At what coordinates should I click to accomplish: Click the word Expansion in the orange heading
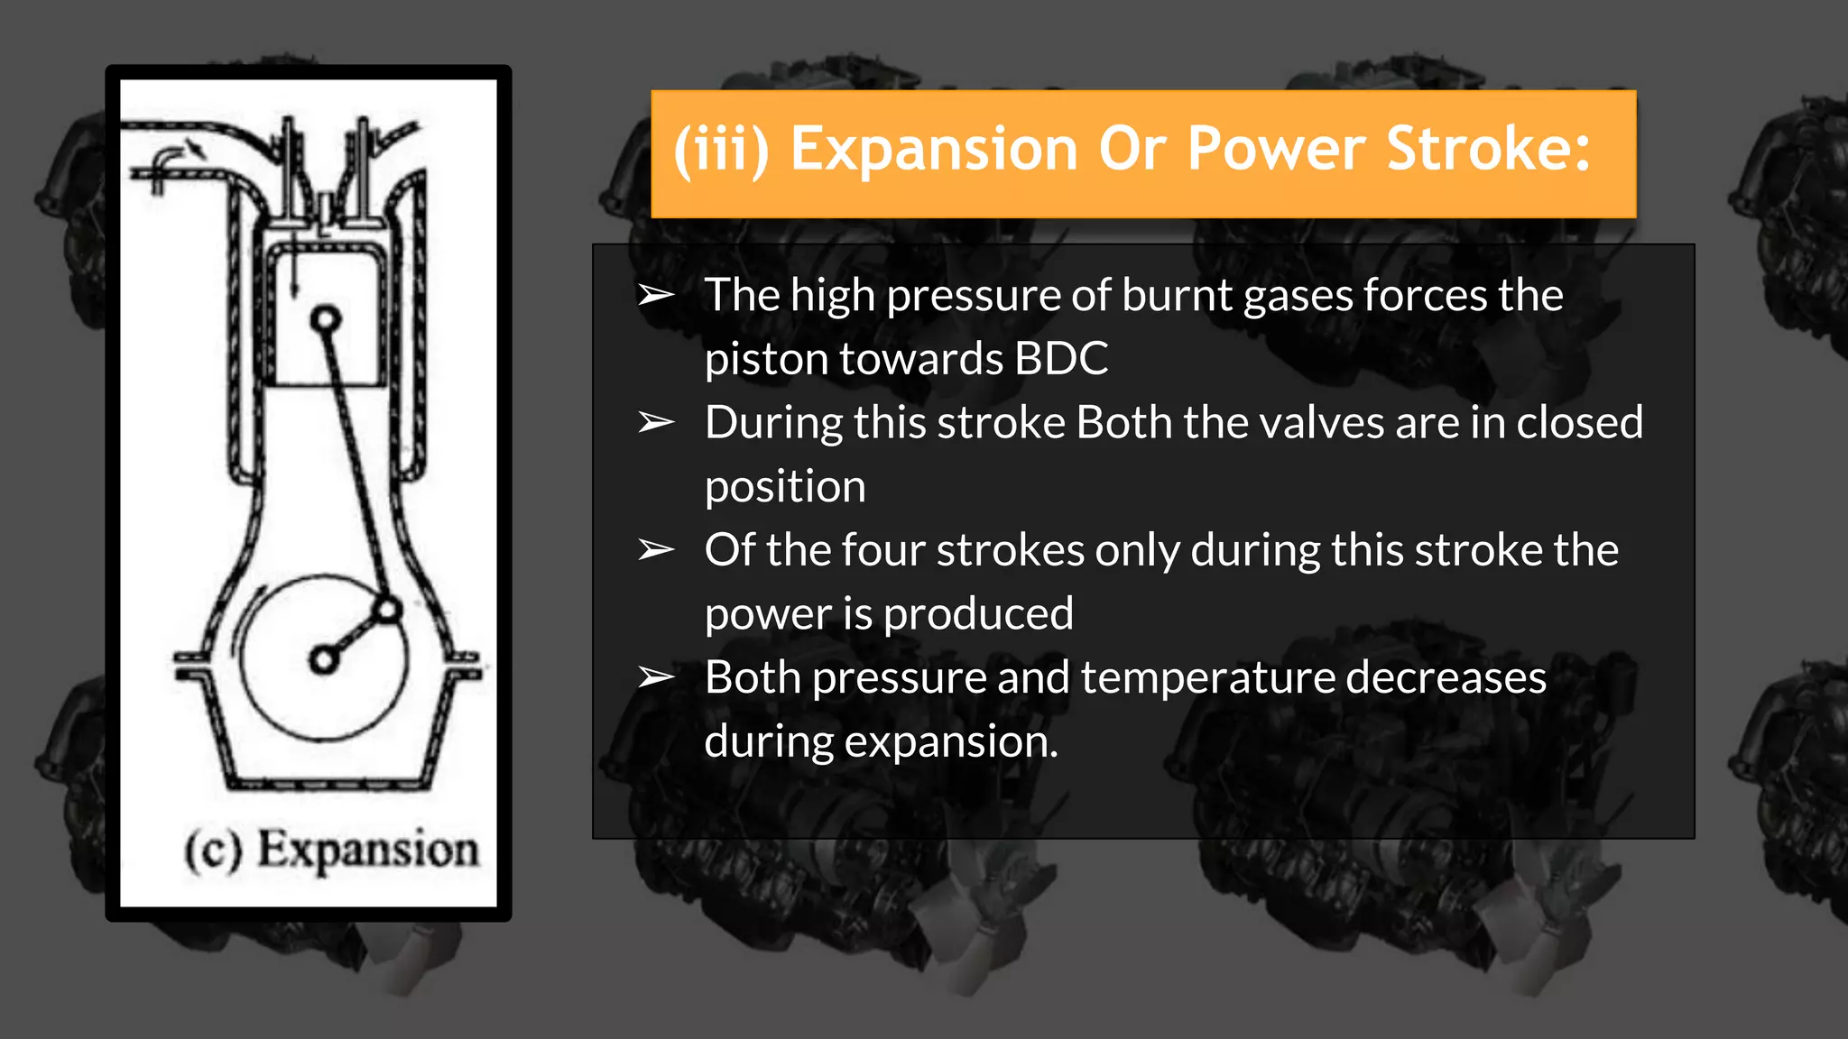[934, 149]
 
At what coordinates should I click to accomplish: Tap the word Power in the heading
[1275, 149]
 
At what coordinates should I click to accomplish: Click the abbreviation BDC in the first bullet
[1061, 359]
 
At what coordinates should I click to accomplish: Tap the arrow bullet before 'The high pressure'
[656, 295]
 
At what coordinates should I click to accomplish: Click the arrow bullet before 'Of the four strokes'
[656, 550]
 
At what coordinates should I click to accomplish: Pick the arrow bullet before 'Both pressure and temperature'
[656, 677]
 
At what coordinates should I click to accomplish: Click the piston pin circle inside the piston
[326, 319]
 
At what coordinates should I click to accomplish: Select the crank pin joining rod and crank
[388, 611]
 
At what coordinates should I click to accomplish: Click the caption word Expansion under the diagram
[368, 850]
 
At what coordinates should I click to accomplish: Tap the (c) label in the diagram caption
[213, 851]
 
